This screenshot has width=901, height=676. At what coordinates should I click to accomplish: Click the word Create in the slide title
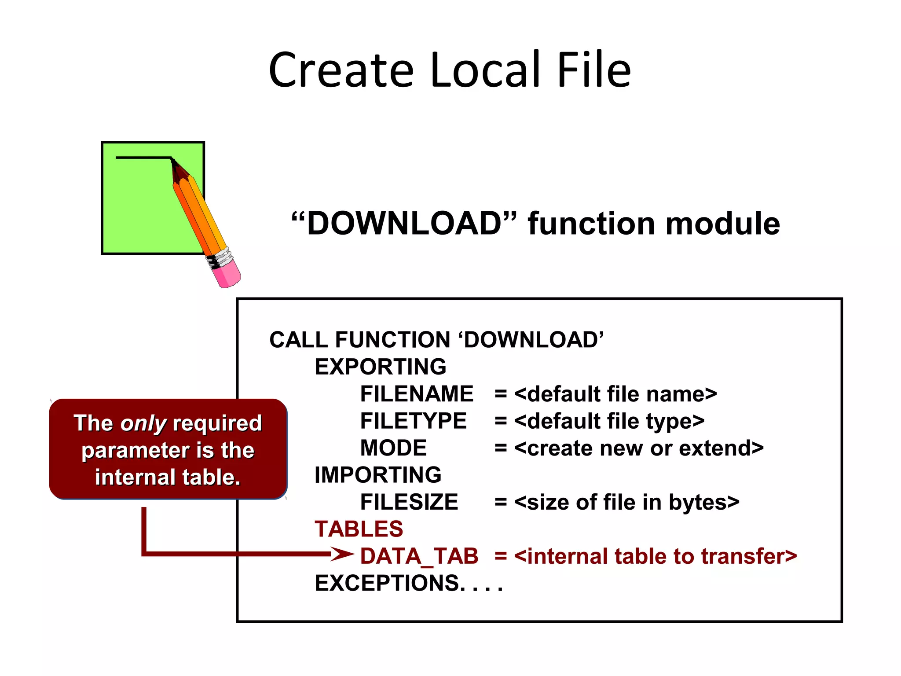click(x=341, y=70)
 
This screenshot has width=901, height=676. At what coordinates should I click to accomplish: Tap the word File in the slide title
click(x=593, y=70)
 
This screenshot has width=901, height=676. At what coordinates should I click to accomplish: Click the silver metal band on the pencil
click(x=220, y=258)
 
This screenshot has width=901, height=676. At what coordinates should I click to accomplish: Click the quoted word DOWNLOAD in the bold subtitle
click(x=404, y=224)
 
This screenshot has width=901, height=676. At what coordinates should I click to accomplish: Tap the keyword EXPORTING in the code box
click(x=380, y=367)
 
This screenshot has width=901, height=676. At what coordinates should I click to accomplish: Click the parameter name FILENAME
click(x=416, y=394)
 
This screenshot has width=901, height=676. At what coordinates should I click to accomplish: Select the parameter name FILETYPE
click(x=413, y=421)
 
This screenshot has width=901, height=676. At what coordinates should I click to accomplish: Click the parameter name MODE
click(x=393, y=448)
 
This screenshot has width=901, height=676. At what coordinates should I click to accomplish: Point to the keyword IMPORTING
click(x=377, y=475)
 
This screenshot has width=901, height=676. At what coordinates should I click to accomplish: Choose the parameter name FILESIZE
click(x=409, y=502)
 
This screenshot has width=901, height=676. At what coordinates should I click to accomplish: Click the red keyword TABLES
click(x=359, y=529)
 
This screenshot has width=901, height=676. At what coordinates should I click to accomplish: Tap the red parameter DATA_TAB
click(x=419, y=556)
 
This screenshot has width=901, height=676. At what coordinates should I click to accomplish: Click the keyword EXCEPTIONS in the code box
click(x=387, y=583)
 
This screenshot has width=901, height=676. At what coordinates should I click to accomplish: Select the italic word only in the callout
click(x=143, y=424)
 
